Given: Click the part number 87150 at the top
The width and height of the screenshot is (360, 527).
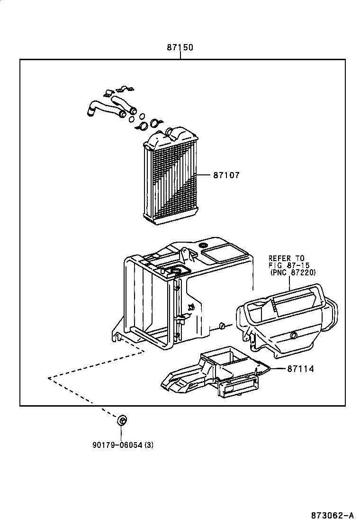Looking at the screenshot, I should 180,48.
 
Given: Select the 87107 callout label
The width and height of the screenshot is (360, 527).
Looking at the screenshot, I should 226,175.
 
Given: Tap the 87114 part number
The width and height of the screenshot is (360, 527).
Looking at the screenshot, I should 300,368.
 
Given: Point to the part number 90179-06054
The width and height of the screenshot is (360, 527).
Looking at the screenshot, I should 117,445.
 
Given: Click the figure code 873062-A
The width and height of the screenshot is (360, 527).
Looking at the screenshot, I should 332,516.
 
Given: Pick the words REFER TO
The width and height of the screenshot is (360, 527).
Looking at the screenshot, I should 286,258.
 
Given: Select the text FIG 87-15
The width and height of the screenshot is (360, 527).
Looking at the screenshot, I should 288,265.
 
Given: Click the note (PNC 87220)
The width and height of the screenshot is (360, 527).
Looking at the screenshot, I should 293,273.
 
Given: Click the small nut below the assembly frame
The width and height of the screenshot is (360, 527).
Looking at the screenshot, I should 122,420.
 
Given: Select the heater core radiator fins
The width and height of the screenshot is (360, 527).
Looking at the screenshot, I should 171,182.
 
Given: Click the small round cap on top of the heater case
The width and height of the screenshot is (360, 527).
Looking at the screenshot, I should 204,245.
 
